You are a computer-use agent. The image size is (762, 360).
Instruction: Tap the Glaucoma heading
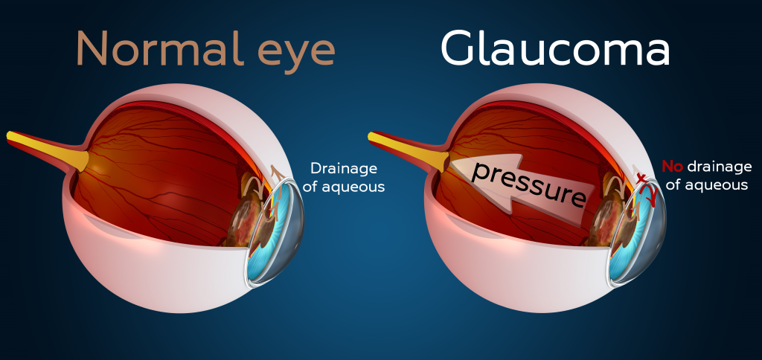pos(554,49)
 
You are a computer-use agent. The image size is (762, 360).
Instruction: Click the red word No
pos(673,167)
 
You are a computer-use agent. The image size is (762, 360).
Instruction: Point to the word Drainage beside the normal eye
pos(344,168)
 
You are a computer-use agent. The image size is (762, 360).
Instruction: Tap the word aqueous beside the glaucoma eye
pos(716,185)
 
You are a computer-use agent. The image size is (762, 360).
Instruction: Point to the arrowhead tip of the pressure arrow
pos(451,164)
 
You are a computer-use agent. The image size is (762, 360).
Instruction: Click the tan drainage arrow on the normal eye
pos(280,179)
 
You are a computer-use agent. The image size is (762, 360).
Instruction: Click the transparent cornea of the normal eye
pos(294,231)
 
